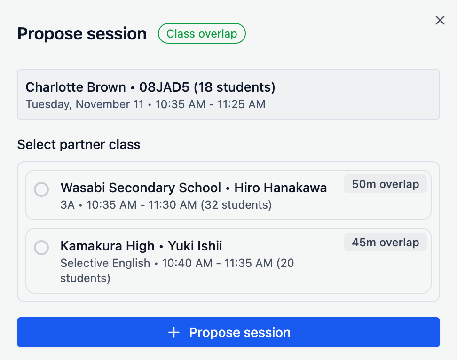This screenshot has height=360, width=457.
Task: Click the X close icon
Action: pyautogui.click(x=440, y=20)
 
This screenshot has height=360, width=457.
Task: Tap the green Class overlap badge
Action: pyautogui.click(x=202, y=34)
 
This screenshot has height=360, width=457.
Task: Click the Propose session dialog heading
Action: pyautogui.click(x=82, y=34)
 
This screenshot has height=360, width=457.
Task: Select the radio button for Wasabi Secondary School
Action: pyautogui.click(x=41, y=189)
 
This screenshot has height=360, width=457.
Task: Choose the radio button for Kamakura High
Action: pyautogui.click(x=41, y=248)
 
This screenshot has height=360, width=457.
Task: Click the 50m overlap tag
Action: pyautogui.click(x=385, y=184)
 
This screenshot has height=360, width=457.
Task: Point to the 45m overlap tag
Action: pyautogui.click(x=385, y=243)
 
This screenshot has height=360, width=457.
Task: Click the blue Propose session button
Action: pyautogui.click(x=228, y=332)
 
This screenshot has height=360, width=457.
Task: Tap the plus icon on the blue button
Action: pyautogui.click(x=174, y=333)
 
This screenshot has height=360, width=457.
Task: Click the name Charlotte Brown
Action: pyautogui.click(x=76, y=87)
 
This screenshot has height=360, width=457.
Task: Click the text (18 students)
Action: pyautogui.click(x=235, y=87)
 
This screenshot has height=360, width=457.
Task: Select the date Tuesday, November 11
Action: pyautogui.click(x=85, y=104)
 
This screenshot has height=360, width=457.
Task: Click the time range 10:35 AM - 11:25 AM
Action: pyautogui.click(x=210, y=104)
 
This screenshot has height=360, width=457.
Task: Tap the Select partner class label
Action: pyautogui.click(x=79, y=144)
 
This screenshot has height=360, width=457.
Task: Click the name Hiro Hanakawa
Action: pyautogui.click(x=281, y=188)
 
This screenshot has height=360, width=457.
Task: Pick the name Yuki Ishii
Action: pyautogui.click(x=195, y=246)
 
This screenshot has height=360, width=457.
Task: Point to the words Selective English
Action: pyautogui.click(x=105, y=263)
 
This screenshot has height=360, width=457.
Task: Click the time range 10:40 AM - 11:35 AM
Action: pyautogui.click(x=217, y=263)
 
